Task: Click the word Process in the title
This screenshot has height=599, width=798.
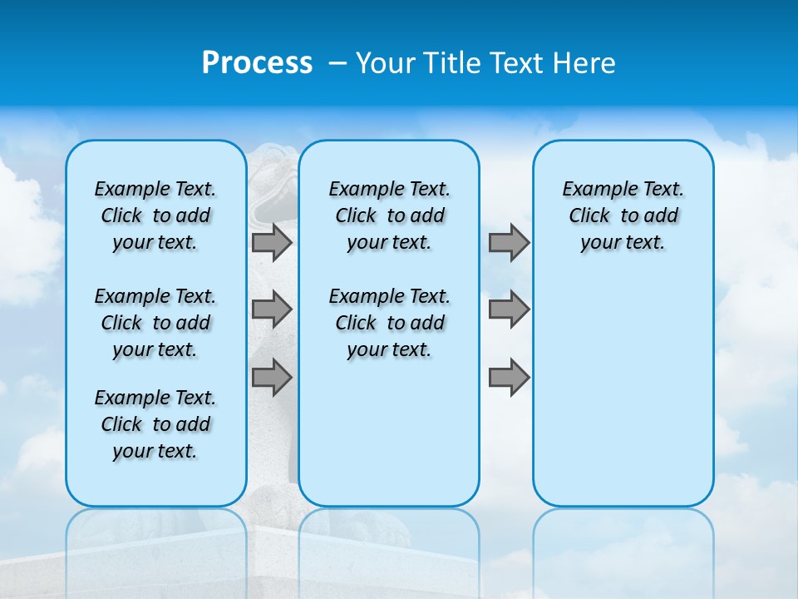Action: (x=257, y=63)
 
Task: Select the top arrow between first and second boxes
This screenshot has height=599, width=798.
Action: (x=272, y=242)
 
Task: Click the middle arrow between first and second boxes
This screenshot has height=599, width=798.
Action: (x=272, y=309)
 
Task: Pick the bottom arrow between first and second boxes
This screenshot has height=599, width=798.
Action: (x=272, y=378)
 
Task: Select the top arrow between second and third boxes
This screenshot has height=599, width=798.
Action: (x=509, y=242)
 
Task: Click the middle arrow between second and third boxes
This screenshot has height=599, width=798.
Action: (x=509, y=309)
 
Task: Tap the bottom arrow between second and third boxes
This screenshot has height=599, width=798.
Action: (x=509, y=378)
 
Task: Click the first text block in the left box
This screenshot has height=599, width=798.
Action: (x=155, y=215)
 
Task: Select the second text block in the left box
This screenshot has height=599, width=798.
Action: (x=155, y=323)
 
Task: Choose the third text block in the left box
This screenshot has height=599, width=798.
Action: (x=155, y=424)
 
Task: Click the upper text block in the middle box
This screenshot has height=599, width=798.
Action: (x=389, y=215)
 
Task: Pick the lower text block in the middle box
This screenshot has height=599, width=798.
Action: (x=389, y=323)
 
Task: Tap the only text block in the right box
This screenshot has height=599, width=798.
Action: (x=623, y=215)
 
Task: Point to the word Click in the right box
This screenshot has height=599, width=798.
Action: (x=589, y=216)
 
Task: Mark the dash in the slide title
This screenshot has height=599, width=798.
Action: (x=338, y=63)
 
